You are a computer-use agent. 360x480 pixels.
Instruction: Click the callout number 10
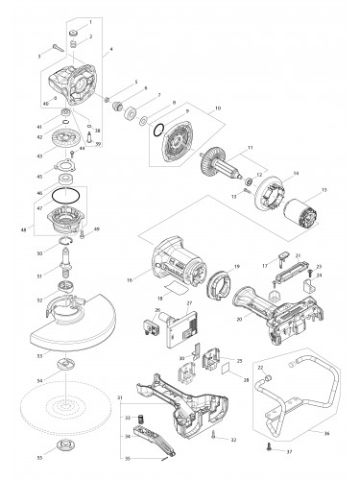click(218, 108)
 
